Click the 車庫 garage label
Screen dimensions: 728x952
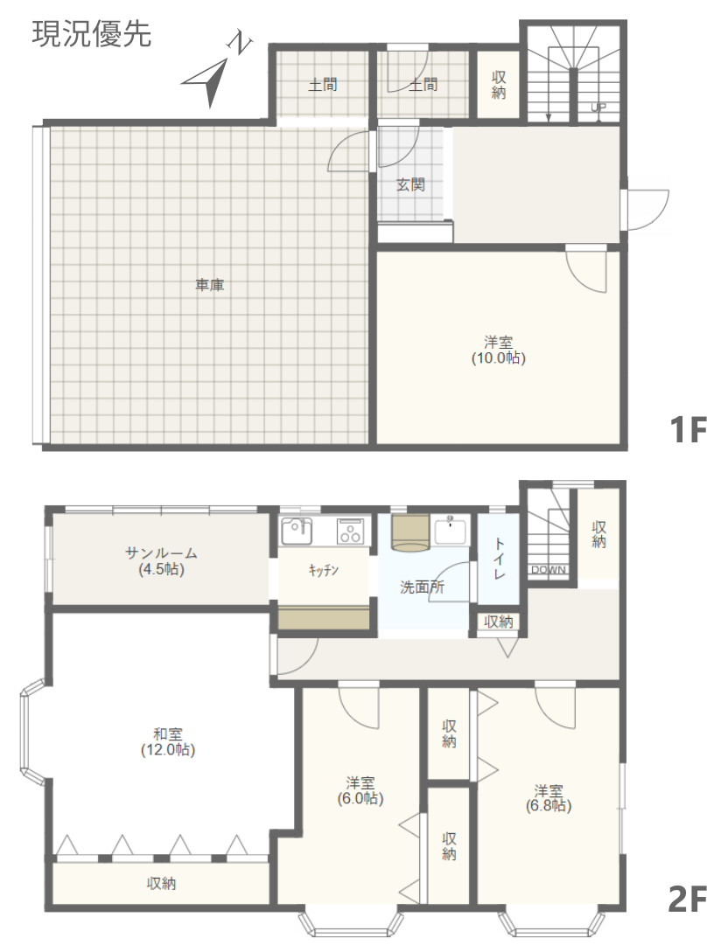point(210,284)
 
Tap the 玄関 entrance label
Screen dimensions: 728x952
point(410,184)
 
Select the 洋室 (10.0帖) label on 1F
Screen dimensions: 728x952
point(498,350)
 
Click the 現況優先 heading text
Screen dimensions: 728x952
point(91,34)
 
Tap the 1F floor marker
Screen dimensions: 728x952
point(689,429)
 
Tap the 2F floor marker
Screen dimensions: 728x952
point(688,900)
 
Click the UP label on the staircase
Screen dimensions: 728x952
point(598,108)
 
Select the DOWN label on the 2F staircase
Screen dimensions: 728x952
point(549,570)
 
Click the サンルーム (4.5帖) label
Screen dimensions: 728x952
point(161,561)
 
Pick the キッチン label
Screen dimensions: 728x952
point(323,570)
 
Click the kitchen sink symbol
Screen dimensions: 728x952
point(297,532)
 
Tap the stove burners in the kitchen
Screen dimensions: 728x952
point(351,532)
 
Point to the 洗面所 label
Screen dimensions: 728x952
point(423,587)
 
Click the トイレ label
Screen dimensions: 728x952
point(499,558)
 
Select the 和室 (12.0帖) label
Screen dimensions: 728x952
point(168,742)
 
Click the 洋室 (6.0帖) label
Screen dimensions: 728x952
point(360,790)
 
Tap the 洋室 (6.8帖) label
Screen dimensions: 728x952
point(549,798)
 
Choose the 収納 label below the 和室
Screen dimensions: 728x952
point(162,884)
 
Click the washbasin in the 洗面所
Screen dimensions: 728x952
point(451,531)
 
